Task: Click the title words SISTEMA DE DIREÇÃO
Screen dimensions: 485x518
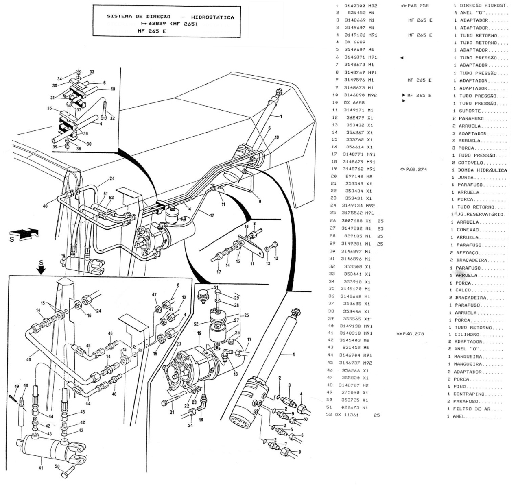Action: coord(138,17)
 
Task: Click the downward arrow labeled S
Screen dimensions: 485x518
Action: coord(41,269)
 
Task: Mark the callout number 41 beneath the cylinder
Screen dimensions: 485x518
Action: coord(41,468)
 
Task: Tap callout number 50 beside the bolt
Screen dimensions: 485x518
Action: coord(57,467)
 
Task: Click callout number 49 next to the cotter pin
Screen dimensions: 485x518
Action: coord(17,386)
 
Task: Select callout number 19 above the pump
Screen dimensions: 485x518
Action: coord(199,333)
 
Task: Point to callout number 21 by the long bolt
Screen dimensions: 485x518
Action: coord(171,413)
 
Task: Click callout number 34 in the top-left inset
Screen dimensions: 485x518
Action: coord(60,79)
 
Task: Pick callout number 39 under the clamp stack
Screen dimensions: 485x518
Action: coord(55,147)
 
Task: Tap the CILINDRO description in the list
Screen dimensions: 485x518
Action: coord(467,335)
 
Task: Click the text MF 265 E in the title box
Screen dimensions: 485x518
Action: coord(152,31)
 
